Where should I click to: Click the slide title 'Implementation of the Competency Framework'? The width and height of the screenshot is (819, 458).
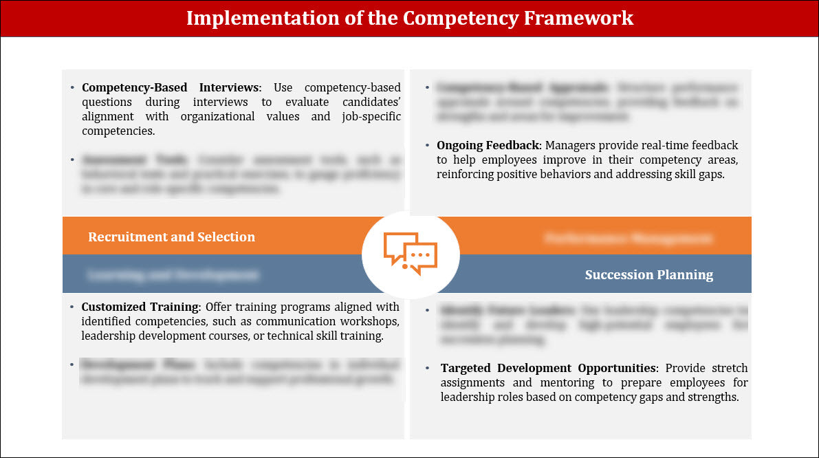[x=409, y=18]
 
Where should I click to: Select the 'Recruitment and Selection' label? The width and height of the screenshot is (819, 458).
[x=171, y=237]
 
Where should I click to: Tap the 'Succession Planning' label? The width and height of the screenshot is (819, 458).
[x=648, y=275]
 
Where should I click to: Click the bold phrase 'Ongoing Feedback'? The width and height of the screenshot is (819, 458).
[x=489, y=146]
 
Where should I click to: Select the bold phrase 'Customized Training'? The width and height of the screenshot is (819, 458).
[x=141, y=307]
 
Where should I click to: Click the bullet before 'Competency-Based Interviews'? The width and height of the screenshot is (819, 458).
[x=72, y=88]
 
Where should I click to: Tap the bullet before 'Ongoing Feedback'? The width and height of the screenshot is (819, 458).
[x=427, y=146]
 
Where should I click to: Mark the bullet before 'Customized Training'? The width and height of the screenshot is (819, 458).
[x=72, y=307]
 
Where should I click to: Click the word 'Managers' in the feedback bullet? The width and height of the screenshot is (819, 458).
[x=569, y=146]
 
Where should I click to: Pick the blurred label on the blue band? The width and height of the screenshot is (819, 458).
[x=173, y=275]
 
